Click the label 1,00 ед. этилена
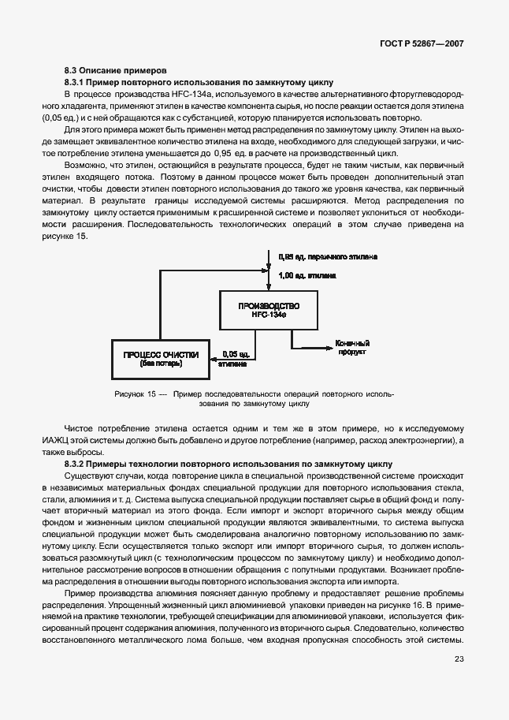(x=307, y=276)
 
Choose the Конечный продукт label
(x=352, y=348)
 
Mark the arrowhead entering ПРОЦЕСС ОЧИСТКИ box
(x=214, y=359)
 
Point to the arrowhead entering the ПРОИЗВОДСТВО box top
(x=269, y=288)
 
